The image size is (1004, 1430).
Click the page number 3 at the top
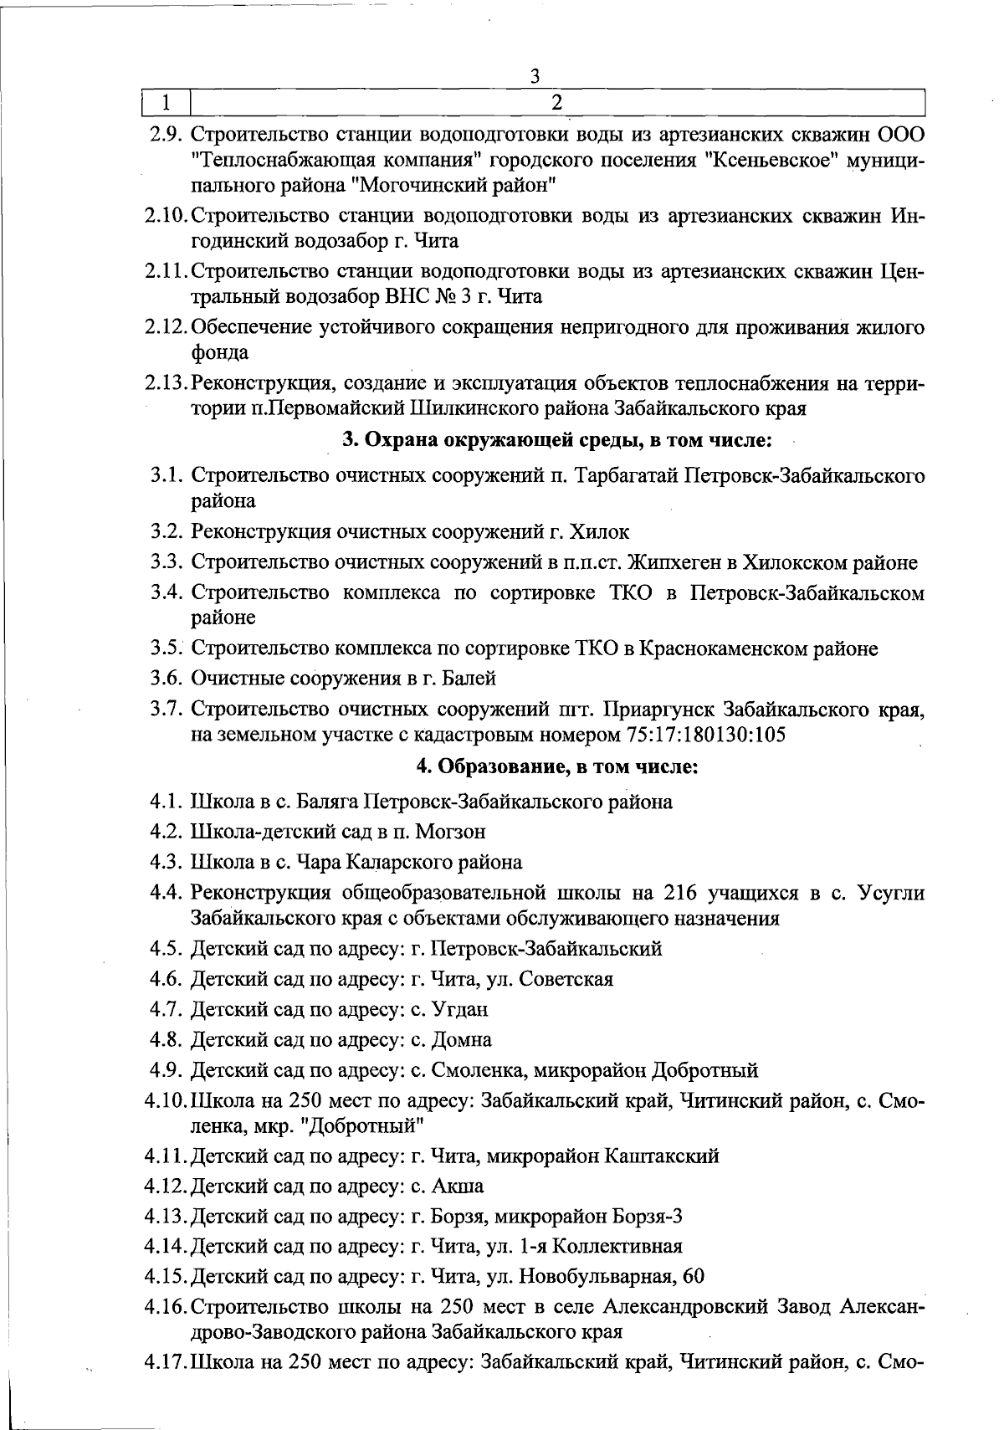(535, 76)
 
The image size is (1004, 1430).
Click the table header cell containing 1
(166, 103)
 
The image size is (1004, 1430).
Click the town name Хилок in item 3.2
(599, 532)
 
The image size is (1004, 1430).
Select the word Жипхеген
(676, 563)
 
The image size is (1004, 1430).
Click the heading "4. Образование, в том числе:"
(556, 766)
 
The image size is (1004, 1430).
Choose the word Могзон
(451, 833)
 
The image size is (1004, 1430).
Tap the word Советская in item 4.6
(566, 979)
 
